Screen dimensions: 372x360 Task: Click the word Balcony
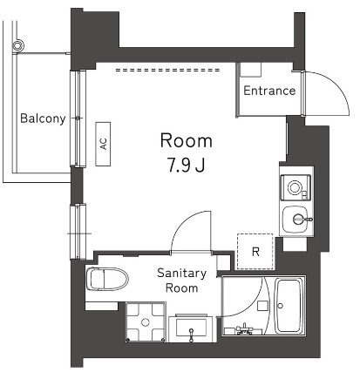point(43,119)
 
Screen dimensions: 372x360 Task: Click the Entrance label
point(268,91)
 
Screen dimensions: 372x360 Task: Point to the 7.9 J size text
point(185,163)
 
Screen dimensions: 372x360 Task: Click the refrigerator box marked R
point(255,252)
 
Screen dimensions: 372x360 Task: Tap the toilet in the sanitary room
point(107,280)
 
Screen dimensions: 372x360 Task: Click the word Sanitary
point(181,273)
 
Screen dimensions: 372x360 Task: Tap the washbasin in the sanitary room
point(191,328)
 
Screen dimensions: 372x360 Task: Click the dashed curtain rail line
point(174,70)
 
